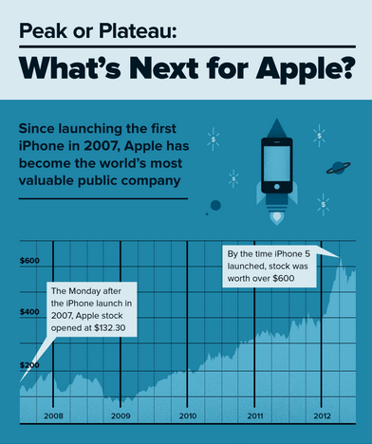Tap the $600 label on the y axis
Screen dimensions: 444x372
tap(30, 261)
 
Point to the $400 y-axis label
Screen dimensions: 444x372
tap(30, 312)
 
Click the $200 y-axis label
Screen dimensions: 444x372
tap(30, 364)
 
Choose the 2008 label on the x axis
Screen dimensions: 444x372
tap(53, 416)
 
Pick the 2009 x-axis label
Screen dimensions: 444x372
tap(121, 416)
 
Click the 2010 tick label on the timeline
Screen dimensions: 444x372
tap(187, 416)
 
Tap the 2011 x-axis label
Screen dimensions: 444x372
tap(254, 416)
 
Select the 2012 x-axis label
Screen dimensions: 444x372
tap(322, 416)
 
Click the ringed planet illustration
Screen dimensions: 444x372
tap(337, 167)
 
